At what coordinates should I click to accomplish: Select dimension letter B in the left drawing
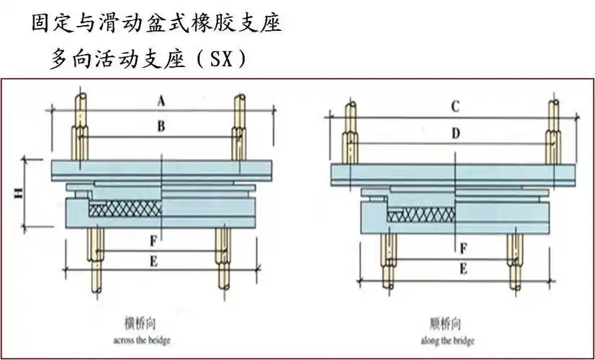[x=161, y=127]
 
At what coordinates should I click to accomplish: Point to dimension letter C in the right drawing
[x=455, y=107]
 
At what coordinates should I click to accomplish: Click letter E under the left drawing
[x=153, y=261]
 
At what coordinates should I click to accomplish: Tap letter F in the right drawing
[x=463, y=248]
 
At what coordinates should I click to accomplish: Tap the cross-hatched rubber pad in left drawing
[x=125, y=208]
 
